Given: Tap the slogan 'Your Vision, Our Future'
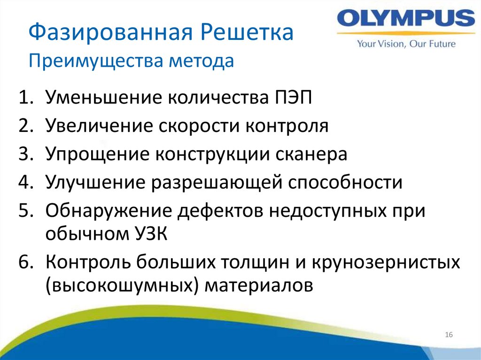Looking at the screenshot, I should coord(406,44).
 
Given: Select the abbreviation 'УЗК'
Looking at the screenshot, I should coord(147,233).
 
